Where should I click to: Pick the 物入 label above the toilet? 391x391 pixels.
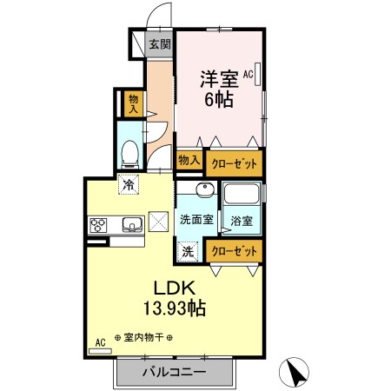point(133,104)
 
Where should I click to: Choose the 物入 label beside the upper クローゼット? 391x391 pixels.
point(189,160)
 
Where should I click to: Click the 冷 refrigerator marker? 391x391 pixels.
point(129,183)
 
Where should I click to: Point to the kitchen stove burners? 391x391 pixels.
point(98,224)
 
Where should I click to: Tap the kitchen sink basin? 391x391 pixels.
point(130,224)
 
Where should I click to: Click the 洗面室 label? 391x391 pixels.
point(196,220)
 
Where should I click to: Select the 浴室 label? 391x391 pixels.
point(242,221)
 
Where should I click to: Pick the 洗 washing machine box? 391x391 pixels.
point(188,251)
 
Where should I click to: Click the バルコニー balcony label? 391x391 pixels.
point(175,372)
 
